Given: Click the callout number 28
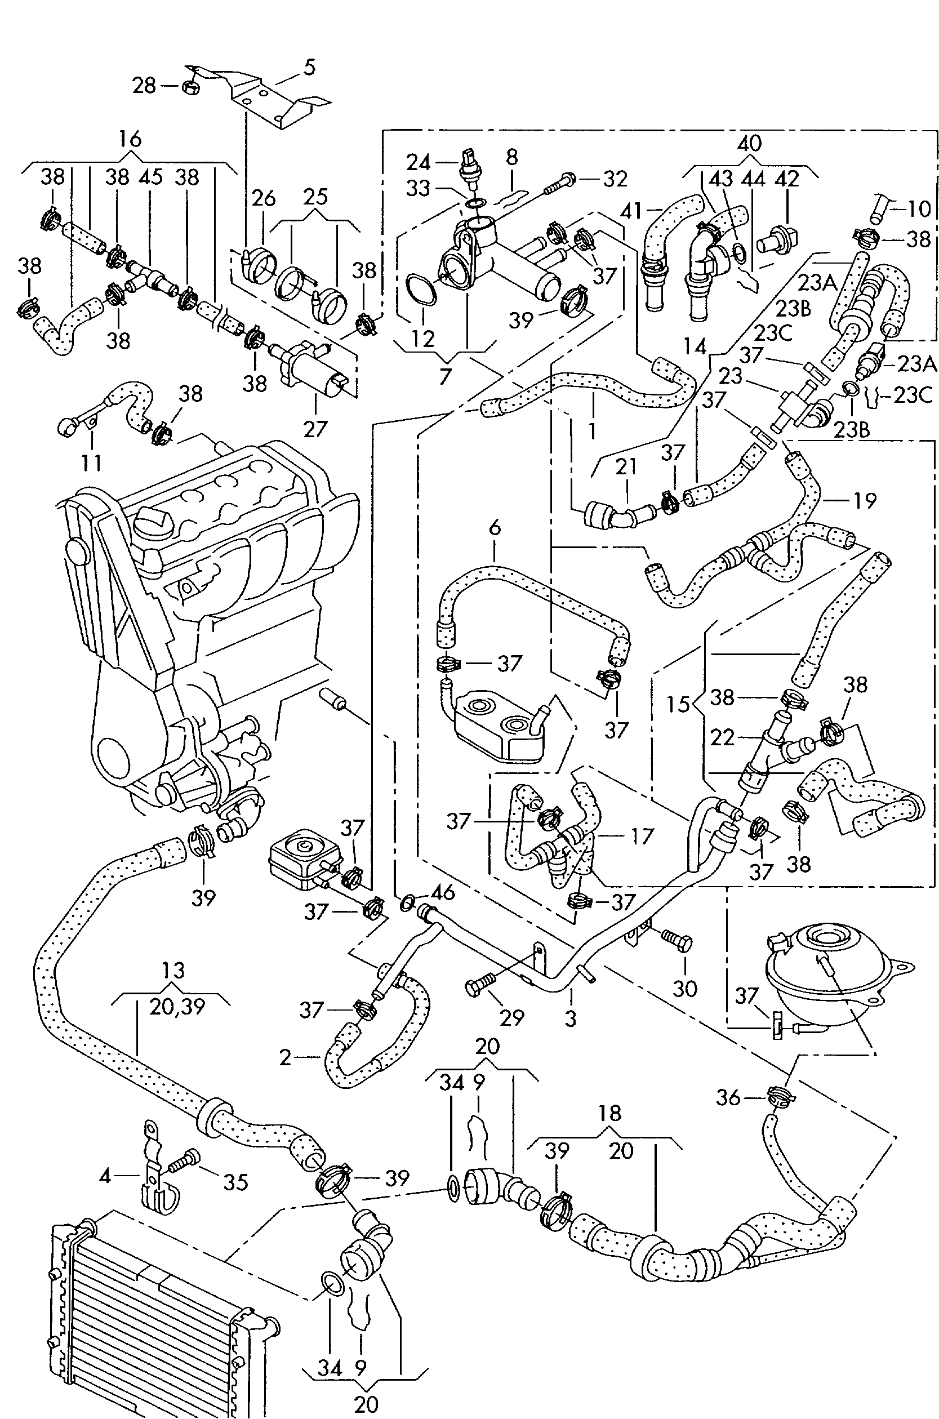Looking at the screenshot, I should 144,86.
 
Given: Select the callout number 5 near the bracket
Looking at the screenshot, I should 309,66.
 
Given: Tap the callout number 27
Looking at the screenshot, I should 315,429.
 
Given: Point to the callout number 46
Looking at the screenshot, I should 443,893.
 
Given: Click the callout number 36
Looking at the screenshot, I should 728,1097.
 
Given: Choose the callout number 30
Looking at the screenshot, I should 684,988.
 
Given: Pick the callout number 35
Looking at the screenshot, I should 235,1182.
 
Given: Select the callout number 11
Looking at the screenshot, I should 92,462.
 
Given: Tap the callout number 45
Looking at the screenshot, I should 151,177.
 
